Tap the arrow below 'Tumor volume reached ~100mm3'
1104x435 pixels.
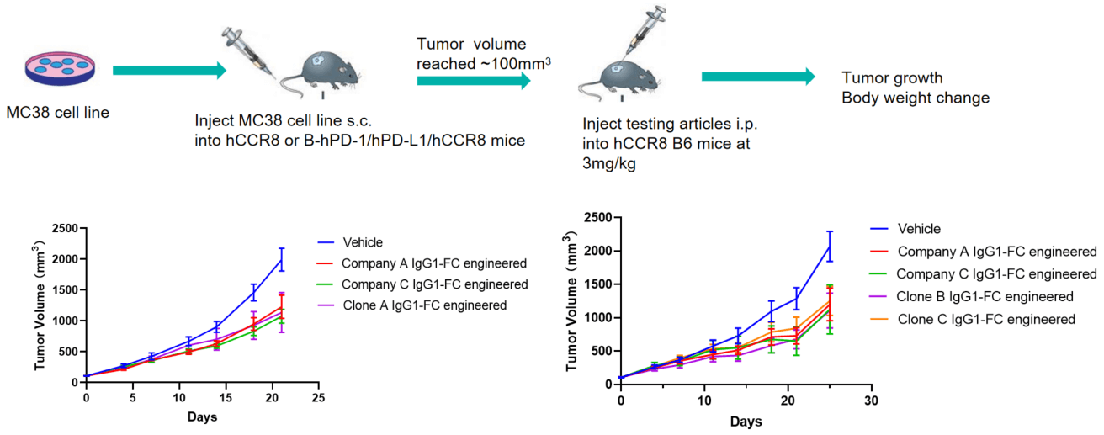(474, 80)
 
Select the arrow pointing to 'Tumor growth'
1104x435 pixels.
(758, 77)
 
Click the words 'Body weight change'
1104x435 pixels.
(916, 98)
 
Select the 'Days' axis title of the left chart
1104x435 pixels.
(200, 417)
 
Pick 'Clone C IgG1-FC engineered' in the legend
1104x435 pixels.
(987, 319)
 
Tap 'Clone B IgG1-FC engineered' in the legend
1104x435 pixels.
(985, 296)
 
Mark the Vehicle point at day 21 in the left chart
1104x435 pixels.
(281, 260)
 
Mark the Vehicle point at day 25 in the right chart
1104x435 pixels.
(830, 247)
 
